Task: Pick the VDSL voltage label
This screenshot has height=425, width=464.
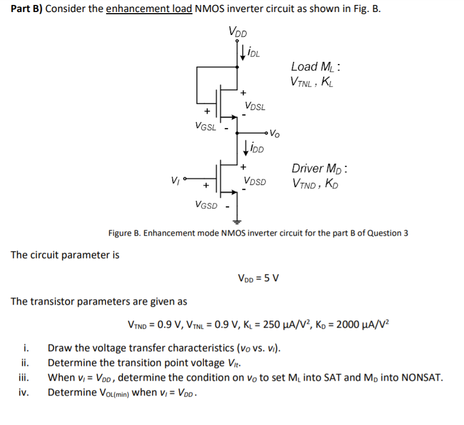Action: point(255,106)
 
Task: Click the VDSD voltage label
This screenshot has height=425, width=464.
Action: point(255,181)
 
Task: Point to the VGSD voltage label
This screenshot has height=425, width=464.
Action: point(205,205)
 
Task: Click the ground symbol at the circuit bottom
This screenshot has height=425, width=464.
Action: point(237,222)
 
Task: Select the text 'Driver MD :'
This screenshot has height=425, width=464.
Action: point(320,168)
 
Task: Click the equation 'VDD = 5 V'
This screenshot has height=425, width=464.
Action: point(259,278)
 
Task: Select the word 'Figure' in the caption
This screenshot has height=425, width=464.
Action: point(121,233)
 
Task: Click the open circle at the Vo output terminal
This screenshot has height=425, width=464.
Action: point(267,132)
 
